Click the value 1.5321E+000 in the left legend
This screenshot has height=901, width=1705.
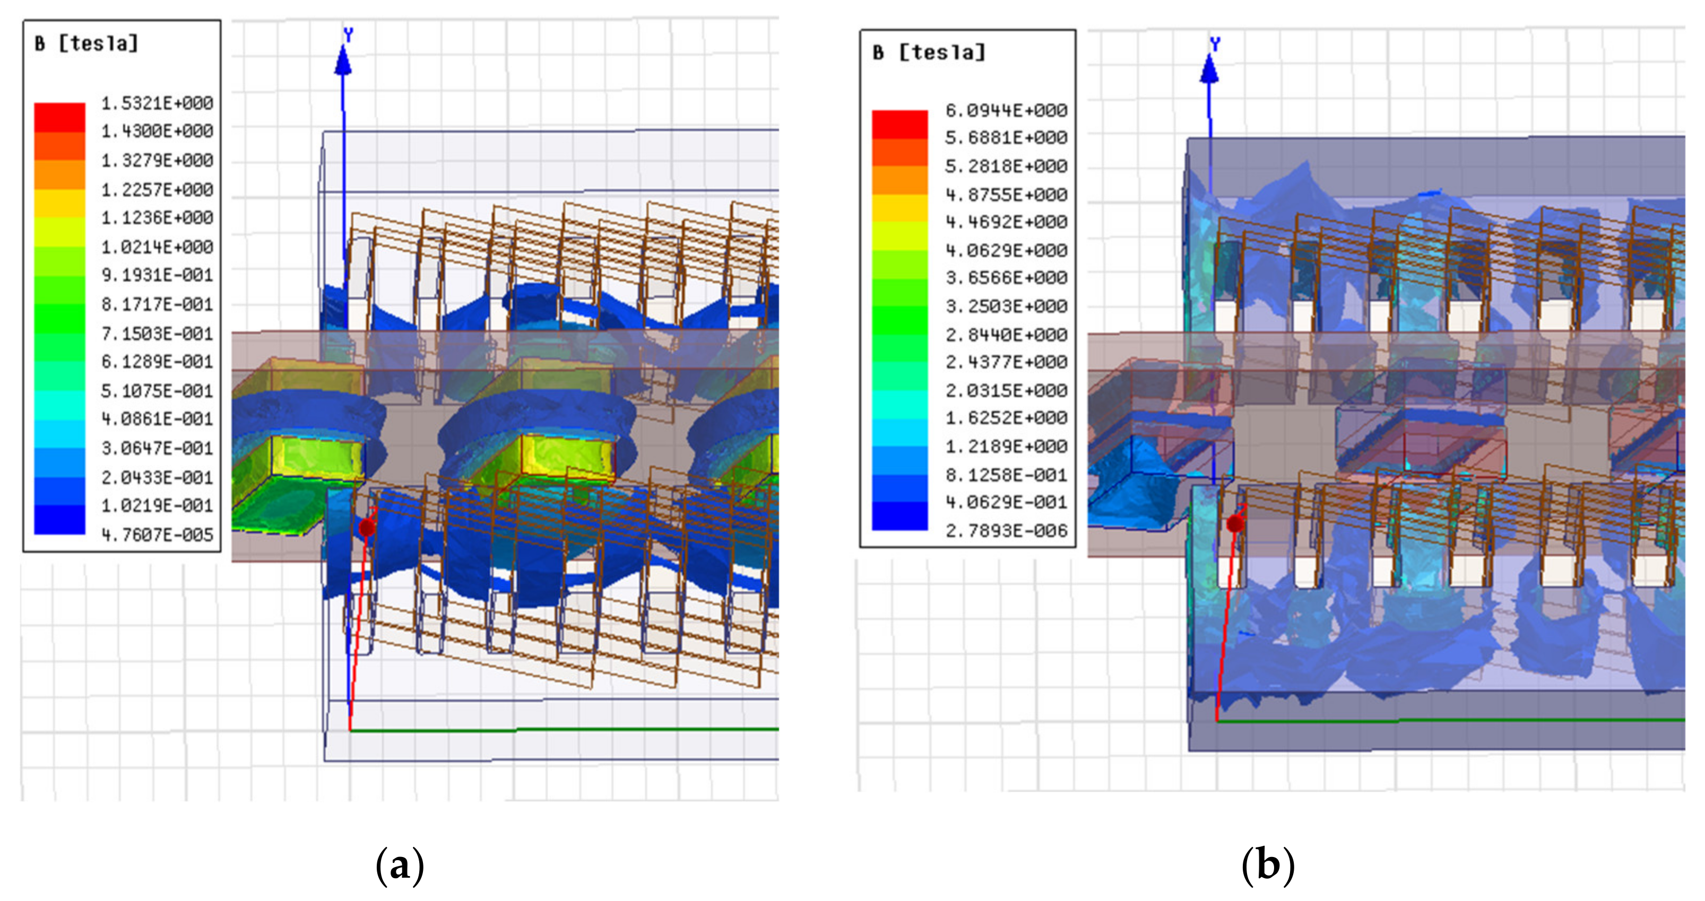pyautogui.click(x=157, y=103)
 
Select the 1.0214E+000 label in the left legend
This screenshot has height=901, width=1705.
pyautogui.click(x=157, y=247)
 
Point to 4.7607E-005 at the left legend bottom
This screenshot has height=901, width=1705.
pyautogui.click(x=157, y=535)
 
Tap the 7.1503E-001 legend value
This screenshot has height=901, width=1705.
pyautogui.click(x=157, y=334)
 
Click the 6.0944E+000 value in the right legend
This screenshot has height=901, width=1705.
pyautogui.click(x=1006, y=110)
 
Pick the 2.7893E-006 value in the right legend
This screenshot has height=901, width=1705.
pyautogui.click(x=1006, y=530)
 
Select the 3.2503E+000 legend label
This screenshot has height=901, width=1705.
pyautogui.click(x=1006, y=307)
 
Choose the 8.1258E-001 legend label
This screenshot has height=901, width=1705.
pyautogui.click(x=1006, y=475)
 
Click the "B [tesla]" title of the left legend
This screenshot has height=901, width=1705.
pyautogui.click(x=86, y=43)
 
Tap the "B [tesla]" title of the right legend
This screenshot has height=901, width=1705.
pyautogui.click(x=929, y=53)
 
